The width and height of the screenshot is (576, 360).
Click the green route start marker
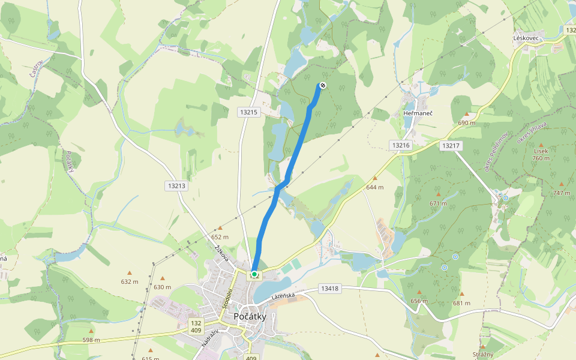(x=254, y=274)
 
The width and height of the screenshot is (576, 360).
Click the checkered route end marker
(x=322, y=86)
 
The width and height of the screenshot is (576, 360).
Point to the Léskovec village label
(x=528, y=38)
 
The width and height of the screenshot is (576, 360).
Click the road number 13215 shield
(x=248, y=112)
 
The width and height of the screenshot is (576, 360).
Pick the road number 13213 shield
(x=177, y=186)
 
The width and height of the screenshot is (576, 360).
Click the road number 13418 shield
(x=329, y=289)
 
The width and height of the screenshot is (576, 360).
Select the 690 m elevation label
(x=467, y=122)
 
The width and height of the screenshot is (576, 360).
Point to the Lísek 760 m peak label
(x=541, y=154)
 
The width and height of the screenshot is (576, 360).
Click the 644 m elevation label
(x=375, y=187)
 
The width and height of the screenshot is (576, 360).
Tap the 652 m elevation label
(x=220, y=237)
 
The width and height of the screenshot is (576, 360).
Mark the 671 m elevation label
(x=439, y=203)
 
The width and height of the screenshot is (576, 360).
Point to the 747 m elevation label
(x=562, y=193)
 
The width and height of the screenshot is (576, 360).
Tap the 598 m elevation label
(x=91, y=340)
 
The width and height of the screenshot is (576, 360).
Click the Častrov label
(x=37, y=71)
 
